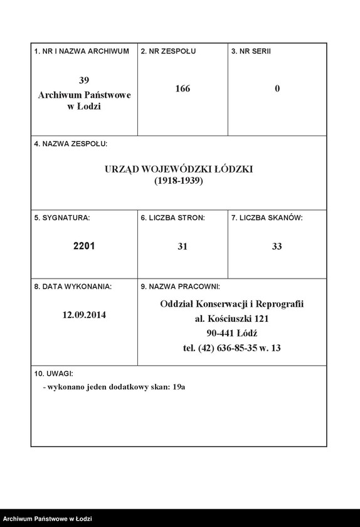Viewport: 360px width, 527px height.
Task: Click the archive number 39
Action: [84, 80]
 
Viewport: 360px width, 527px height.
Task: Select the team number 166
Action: [183, 88]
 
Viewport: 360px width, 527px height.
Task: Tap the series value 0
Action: [277, 88]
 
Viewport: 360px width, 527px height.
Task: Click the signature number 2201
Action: [84, 247]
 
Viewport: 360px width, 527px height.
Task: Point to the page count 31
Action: [183, 247]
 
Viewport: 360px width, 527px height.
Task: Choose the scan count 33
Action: [277, 247]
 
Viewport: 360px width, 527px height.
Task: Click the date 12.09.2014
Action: [84, 315]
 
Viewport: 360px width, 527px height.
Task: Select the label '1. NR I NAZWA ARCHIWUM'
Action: [82, 51]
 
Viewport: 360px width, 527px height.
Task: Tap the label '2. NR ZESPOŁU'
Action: [168, 51]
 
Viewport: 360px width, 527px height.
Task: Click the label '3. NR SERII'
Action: [251, 51]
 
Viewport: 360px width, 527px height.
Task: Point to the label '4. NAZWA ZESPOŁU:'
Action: [70, 144]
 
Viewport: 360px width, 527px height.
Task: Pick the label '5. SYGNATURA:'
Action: [62, 218]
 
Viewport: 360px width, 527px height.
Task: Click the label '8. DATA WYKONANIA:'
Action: [73, 287]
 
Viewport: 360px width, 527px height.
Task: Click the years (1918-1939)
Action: [179, 181]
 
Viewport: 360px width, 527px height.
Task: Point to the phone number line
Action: [231, 348]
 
